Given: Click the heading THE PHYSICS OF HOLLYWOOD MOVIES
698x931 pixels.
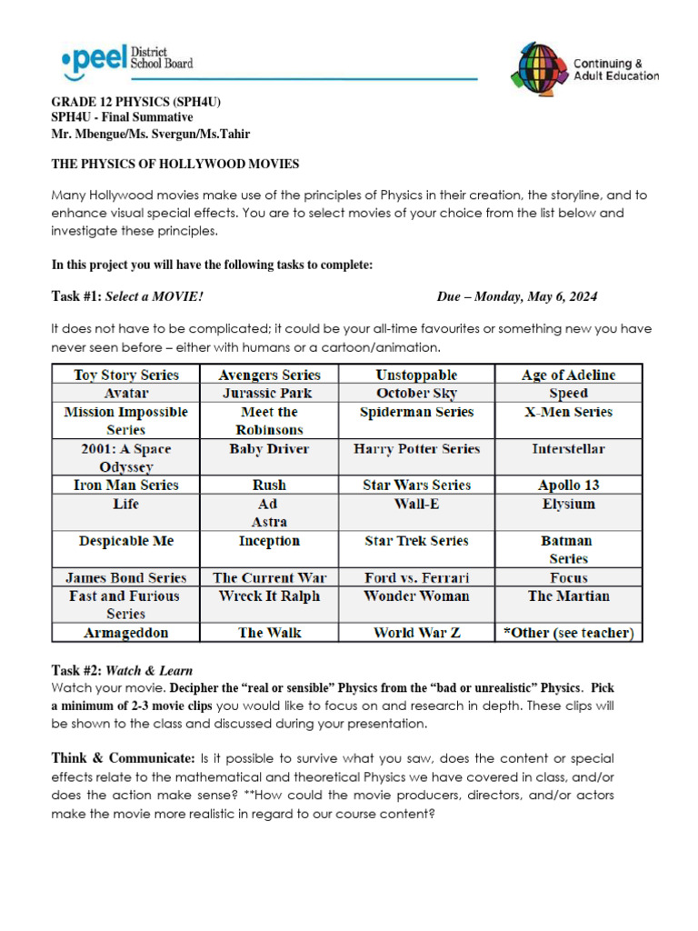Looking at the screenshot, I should pyautogui.click(x=174, y=164).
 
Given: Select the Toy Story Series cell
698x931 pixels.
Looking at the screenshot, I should pyautogui.click(x=126, y=375).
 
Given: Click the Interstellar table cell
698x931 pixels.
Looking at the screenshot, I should pyautogui.click(x=568, y=448).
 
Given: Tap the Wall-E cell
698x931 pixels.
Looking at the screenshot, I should pyautogui.click(x=416, y=504).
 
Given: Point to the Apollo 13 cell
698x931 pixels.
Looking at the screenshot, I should pyautogui.click(x=568, y=486).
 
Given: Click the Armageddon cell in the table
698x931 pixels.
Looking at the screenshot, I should pyautogui.click(x=126, y=633).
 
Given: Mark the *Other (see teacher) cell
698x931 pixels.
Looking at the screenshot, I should pyautogui.click(x=568, y=633).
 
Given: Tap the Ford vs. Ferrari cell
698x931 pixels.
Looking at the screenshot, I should pyautogui.click(x=416, y=577).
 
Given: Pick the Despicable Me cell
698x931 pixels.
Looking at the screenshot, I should pyautogui.click(x=126, y=541).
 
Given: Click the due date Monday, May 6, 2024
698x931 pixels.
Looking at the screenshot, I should pyautogui.click(x=517, y=297).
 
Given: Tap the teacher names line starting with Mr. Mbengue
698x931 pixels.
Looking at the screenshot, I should pyautogui.click(x=150, y=134).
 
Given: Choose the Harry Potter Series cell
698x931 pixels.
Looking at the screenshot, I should pyautogui.click(x=416, y=448).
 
